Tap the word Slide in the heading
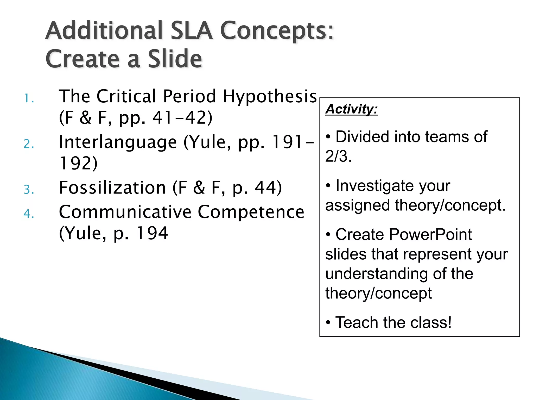(175, 59)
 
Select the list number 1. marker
(29, 99)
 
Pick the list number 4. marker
(29, 214)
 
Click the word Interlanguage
(118, 142)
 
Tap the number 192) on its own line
(78, 163)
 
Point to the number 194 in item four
(152, 233)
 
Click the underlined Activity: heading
(351, 109)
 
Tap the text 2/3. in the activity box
(338, 156)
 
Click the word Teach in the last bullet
(357, 322)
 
